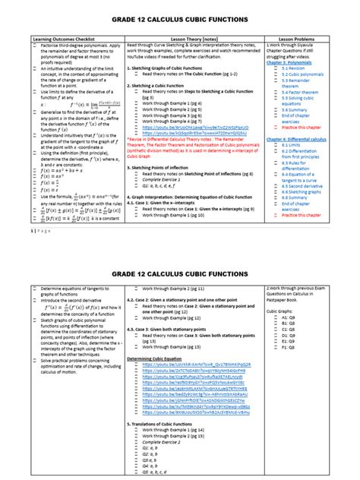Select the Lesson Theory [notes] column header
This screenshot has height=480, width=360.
point(193,37)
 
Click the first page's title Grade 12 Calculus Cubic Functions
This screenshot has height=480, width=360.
point(179,17)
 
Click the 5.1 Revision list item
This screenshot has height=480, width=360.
point(295,68)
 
